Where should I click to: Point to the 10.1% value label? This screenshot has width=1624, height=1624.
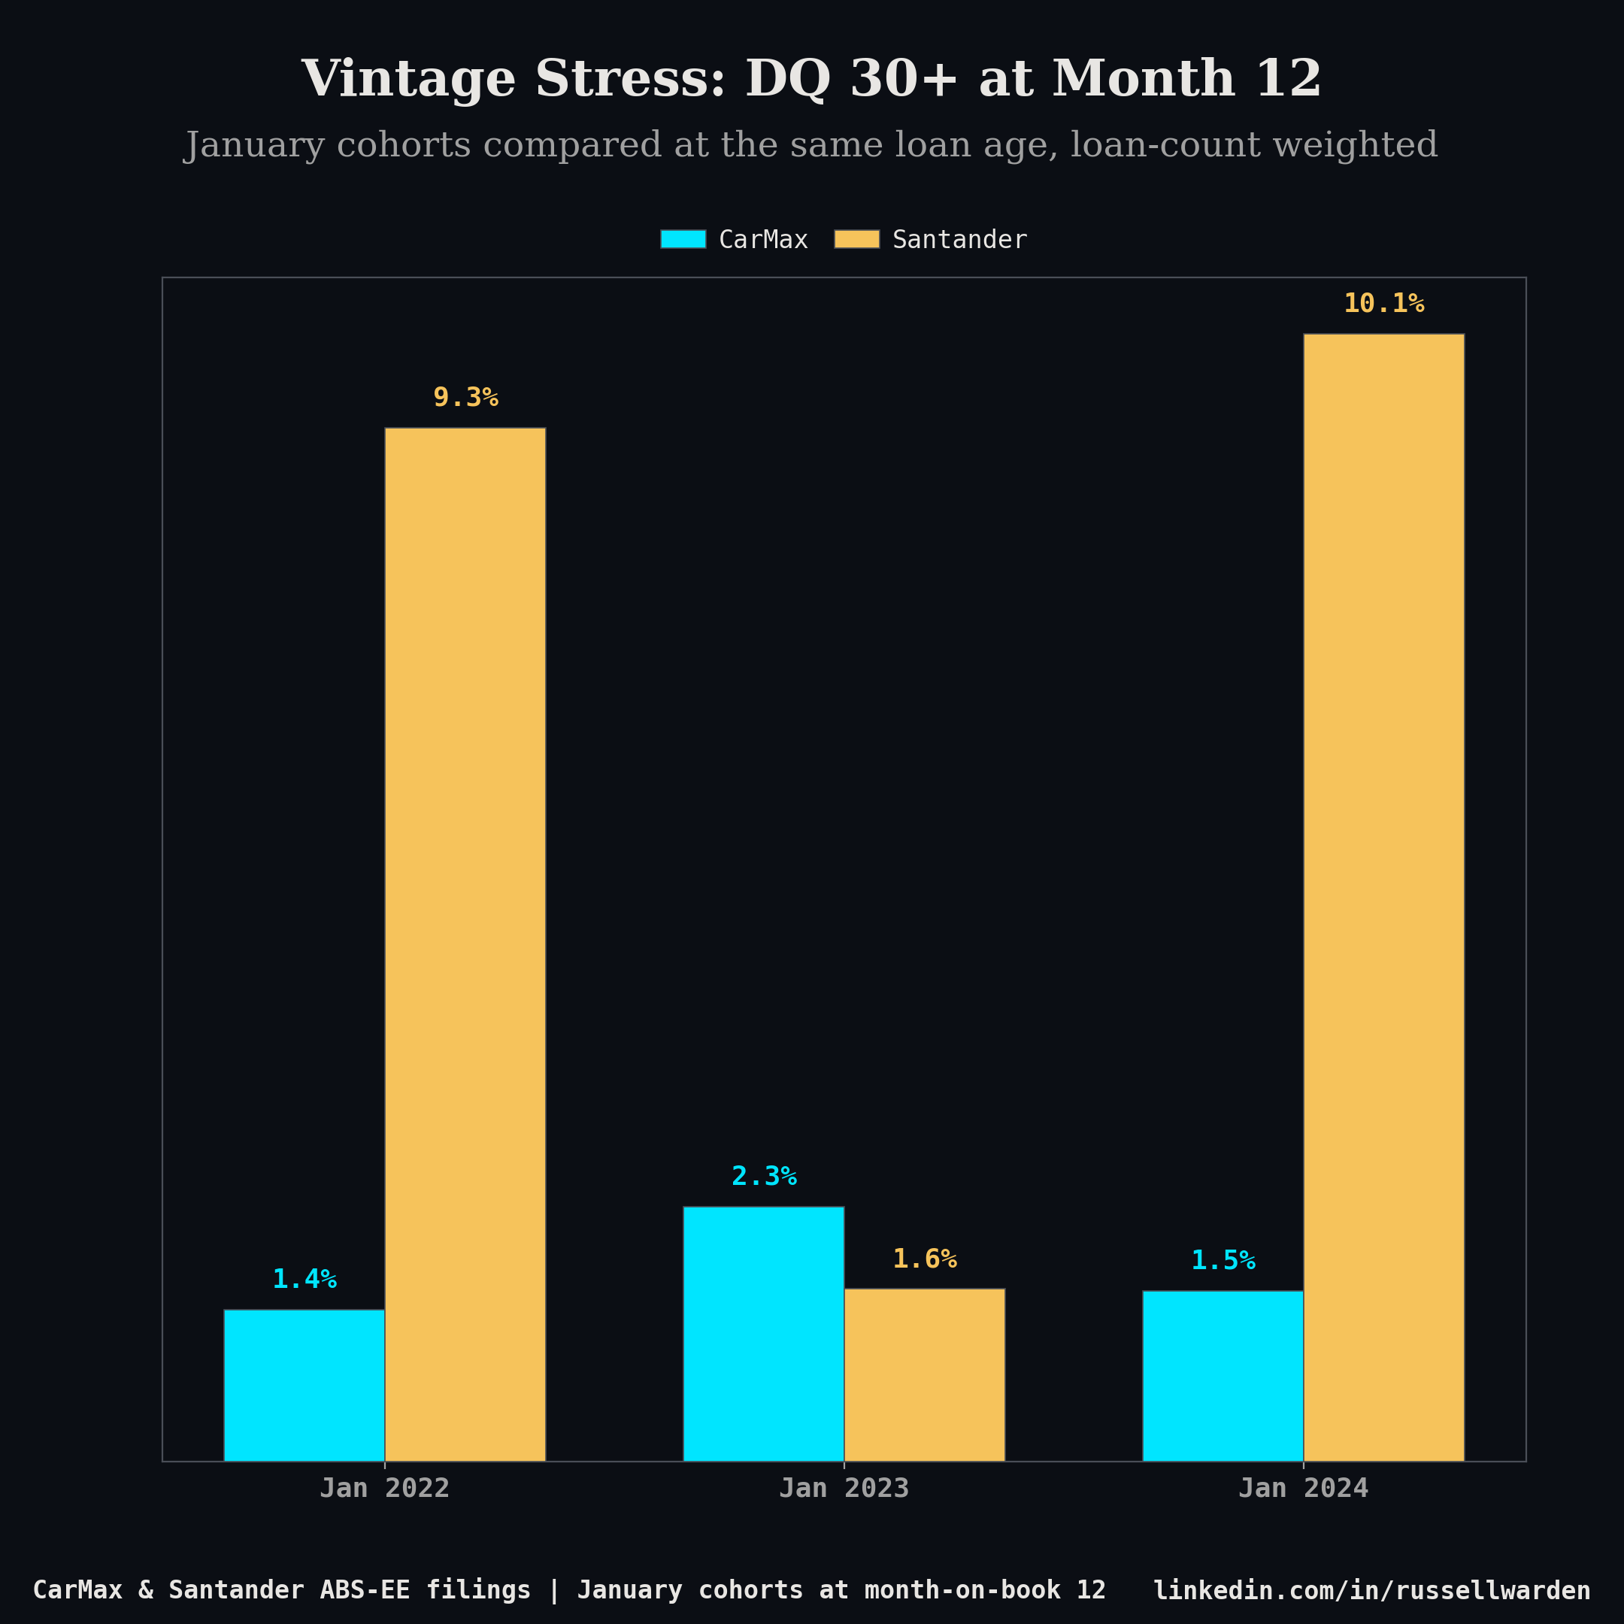pos(1383,304)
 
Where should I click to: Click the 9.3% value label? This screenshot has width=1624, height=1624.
pos(465,398)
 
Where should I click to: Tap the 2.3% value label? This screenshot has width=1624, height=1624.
pos(763,1176)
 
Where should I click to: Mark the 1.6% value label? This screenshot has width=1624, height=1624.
pos(924,1259)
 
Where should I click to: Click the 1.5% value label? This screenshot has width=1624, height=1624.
pos(1223,1260)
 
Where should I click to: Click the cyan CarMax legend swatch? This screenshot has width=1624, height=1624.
pos(683,239)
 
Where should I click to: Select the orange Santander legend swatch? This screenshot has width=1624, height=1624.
pos(856,239)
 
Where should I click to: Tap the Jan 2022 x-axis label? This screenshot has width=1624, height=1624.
pos(384,1488)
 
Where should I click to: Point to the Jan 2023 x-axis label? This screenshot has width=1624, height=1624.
pos(843,1488)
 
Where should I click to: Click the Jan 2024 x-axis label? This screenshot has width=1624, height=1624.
pos(1303,1488)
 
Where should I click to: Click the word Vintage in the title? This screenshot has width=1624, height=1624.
pos(408,80)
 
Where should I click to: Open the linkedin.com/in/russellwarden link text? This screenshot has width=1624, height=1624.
pos(1371,1589)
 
